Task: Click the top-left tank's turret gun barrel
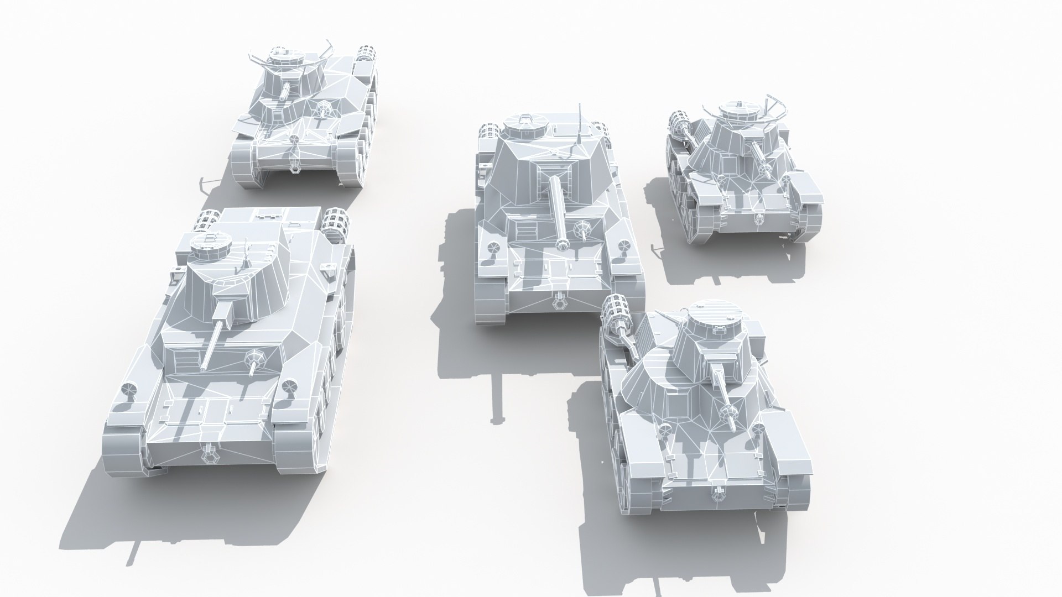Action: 285,92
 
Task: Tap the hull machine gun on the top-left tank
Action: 321,111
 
